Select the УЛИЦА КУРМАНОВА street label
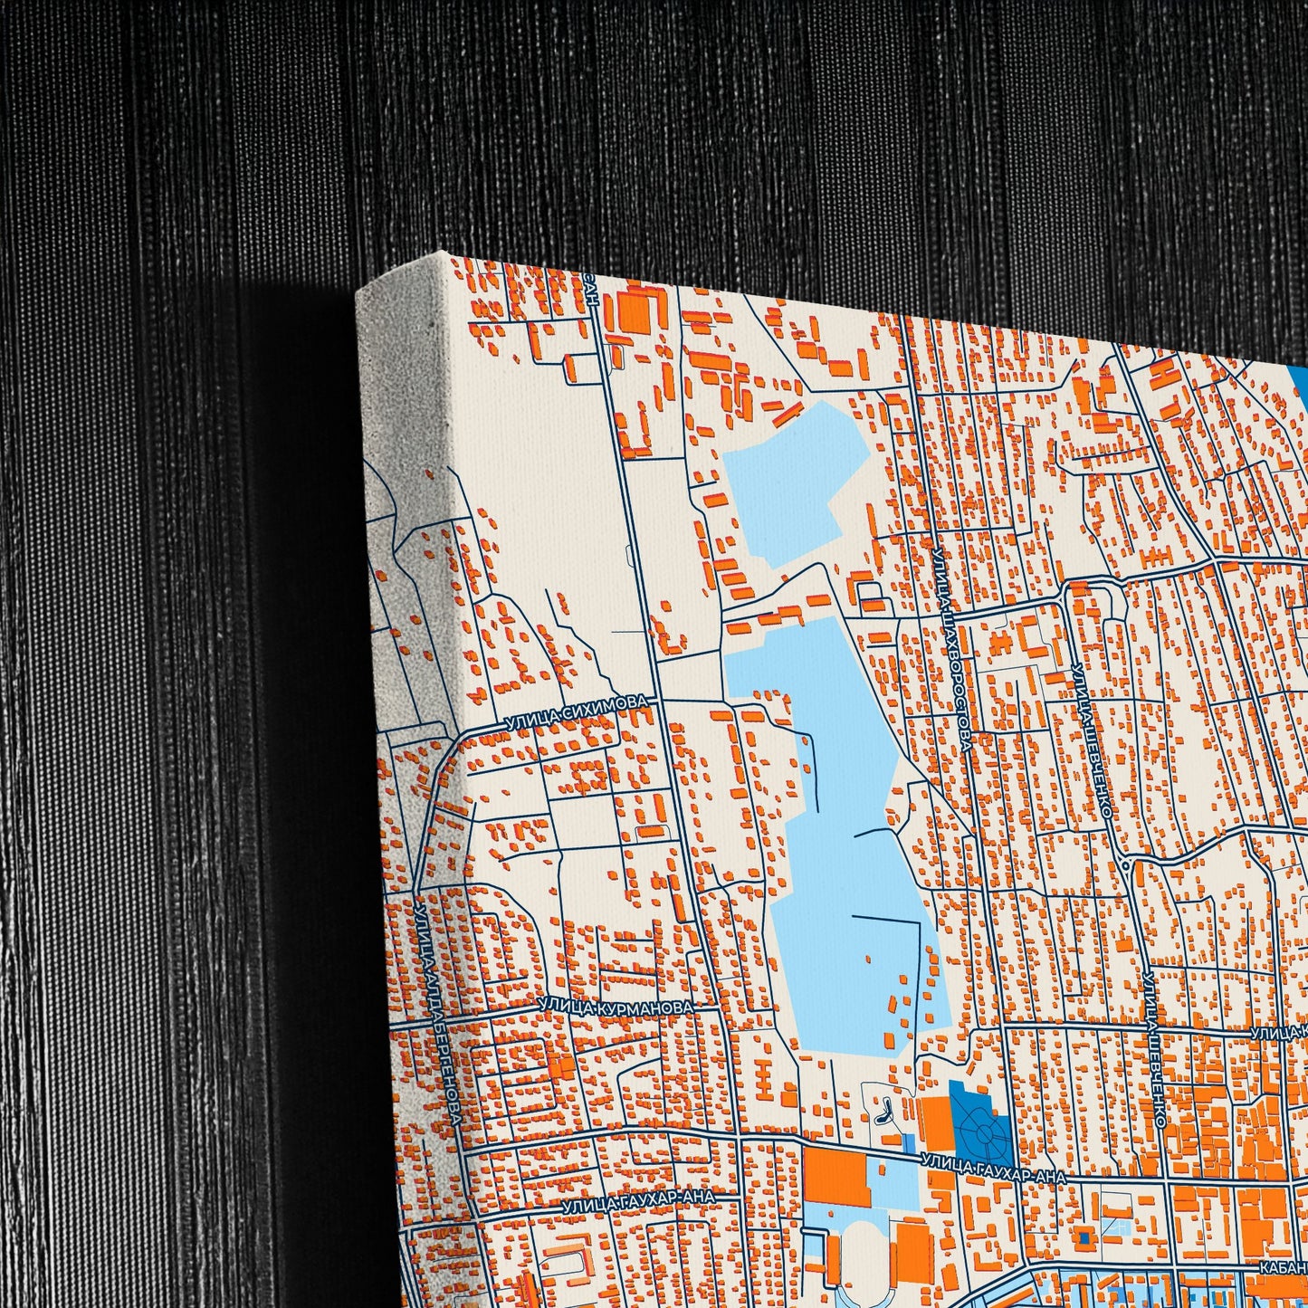pyautogui.click(x=616, y=1007)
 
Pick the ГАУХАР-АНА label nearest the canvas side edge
pyautogui.click(x=637, y=1201)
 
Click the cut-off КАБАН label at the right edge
pyautogui.click(x=1284, y=1269)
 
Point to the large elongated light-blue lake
pyautogui.click(x=842, y=842)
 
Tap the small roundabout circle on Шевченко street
pyautogui.click(x=1124, y=864)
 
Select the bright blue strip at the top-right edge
pyautogui.click(x=1300, y=380)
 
